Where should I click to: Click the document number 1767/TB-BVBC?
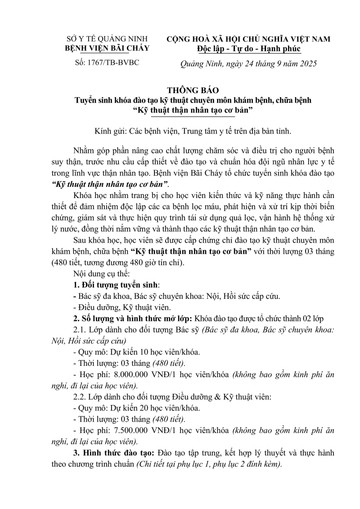point(113,62)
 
